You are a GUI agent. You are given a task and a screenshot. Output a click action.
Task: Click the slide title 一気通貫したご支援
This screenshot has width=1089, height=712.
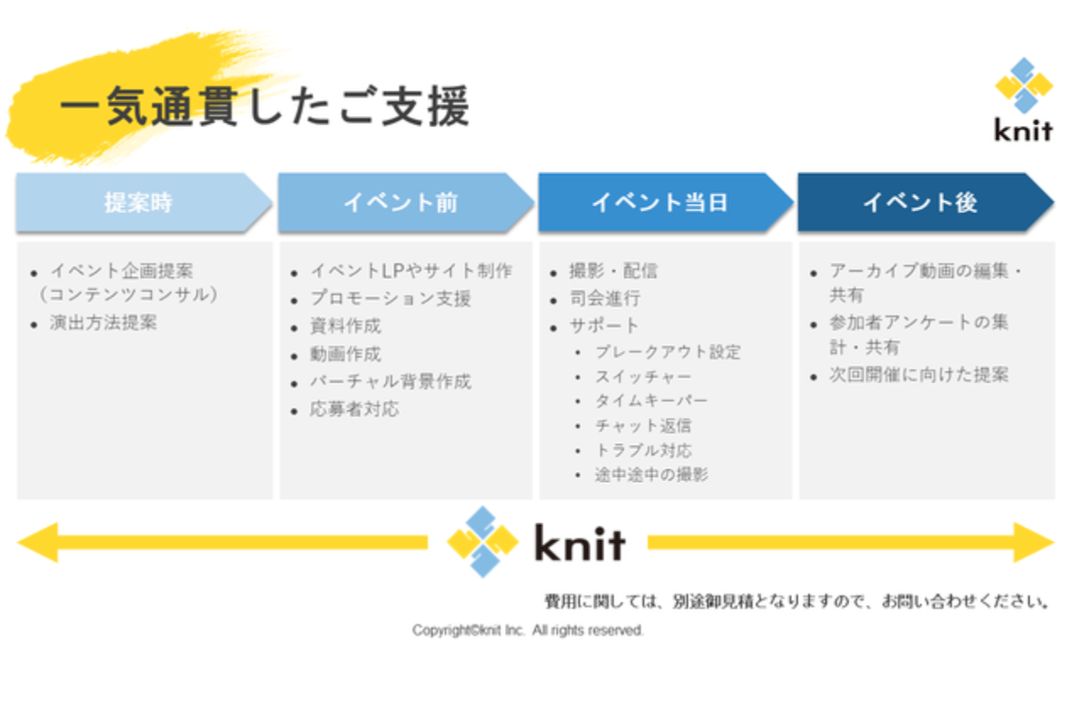click(265, 106)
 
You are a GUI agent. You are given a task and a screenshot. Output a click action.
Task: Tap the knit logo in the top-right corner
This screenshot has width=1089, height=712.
click(1024, 100)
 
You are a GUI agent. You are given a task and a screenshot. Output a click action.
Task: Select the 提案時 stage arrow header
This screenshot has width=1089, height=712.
click(144, 202)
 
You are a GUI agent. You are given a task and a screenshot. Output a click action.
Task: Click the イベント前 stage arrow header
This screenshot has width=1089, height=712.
click(406, 202)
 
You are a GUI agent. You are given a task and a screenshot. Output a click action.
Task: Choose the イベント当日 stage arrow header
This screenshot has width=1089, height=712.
click(665, 202)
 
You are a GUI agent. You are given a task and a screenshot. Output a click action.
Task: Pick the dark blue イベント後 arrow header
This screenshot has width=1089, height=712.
click(926, 202)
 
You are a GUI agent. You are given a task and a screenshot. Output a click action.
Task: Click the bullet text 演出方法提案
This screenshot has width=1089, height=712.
click(103, 322)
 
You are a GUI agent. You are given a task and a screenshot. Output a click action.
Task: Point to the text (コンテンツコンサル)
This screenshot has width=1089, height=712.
click(129, 295)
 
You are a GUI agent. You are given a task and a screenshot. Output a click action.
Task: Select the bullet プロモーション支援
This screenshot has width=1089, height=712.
click(391, 298)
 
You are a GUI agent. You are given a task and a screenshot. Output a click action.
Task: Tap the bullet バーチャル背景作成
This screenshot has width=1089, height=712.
click(391, 381)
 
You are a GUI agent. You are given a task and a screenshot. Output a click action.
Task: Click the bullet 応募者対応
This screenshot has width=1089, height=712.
click(354, 409)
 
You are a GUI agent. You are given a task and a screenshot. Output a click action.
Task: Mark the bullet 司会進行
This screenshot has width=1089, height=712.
click(605, 298)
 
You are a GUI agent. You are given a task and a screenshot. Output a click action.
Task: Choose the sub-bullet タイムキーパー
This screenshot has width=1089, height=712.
click(651, 401)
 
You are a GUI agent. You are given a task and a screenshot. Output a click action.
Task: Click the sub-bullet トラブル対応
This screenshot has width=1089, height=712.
click(643, 451)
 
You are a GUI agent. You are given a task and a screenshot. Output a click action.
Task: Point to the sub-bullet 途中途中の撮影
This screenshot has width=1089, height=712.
click(651, 474)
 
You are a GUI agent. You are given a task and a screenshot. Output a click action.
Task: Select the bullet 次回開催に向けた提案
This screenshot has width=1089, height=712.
click(919, 375)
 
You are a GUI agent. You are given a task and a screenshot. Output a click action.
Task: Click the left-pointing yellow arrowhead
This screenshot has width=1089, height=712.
click(38, 542)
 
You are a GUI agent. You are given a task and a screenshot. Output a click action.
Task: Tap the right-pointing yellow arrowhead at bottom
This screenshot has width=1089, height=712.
click(1033, 542)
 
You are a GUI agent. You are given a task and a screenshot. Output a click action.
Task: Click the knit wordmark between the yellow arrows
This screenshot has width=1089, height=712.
click(580, 542)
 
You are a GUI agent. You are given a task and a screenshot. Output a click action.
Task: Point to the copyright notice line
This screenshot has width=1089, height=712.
click(528, 630)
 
